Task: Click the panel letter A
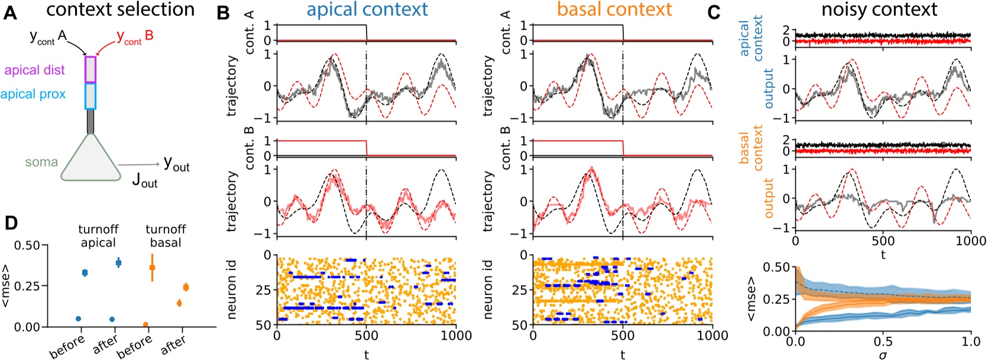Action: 10,12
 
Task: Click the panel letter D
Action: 11,223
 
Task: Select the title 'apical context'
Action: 367,9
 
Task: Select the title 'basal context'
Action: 614,9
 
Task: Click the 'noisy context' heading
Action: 879,9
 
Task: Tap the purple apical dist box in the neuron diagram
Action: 90,69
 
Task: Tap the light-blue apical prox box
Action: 90,96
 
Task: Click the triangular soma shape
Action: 90,158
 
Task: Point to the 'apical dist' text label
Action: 34,70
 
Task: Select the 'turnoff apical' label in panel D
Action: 98,235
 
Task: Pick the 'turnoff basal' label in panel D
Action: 166,235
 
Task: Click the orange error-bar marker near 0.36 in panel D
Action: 153,268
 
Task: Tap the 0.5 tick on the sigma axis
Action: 883,342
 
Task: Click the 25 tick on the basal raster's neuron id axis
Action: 519,290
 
